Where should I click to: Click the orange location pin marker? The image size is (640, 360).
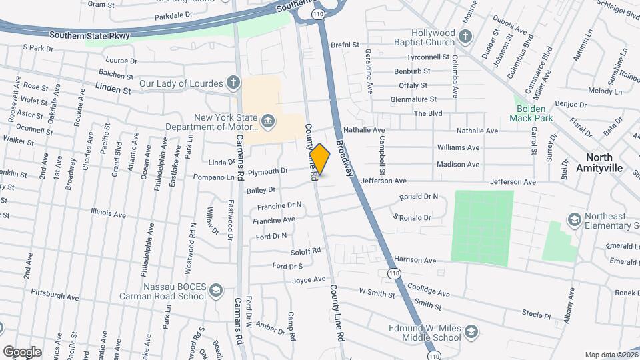(320, 159)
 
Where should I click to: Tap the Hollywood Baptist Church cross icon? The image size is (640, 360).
(465, 35)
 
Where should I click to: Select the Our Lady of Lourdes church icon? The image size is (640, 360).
(233, 83)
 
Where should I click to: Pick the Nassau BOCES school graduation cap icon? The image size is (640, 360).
(215, 291)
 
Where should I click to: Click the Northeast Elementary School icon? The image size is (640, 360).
(573, 219)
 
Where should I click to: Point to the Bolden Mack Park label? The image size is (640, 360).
(531, 113)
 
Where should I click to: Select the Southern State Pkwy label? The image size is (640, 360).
(89, 34)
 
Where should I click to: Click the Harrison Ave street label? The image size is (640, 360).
(415, 259)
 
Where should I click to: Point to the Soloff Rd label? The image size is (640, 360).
(306, 251)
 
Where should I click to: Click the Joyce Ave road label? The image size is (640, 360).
(309, 279)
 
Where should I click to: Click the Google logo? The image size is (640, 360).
(22, 351)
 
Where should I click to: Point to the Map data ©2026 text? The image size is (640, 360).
(612, 355)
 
